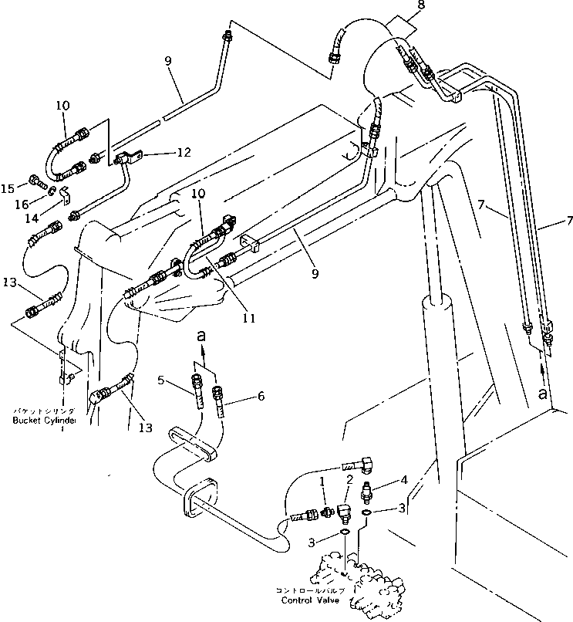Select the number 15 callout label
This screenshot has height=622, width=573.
[x=8, y=188]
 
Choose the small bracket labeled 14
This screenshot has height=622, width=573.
[x=65, y=193]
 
